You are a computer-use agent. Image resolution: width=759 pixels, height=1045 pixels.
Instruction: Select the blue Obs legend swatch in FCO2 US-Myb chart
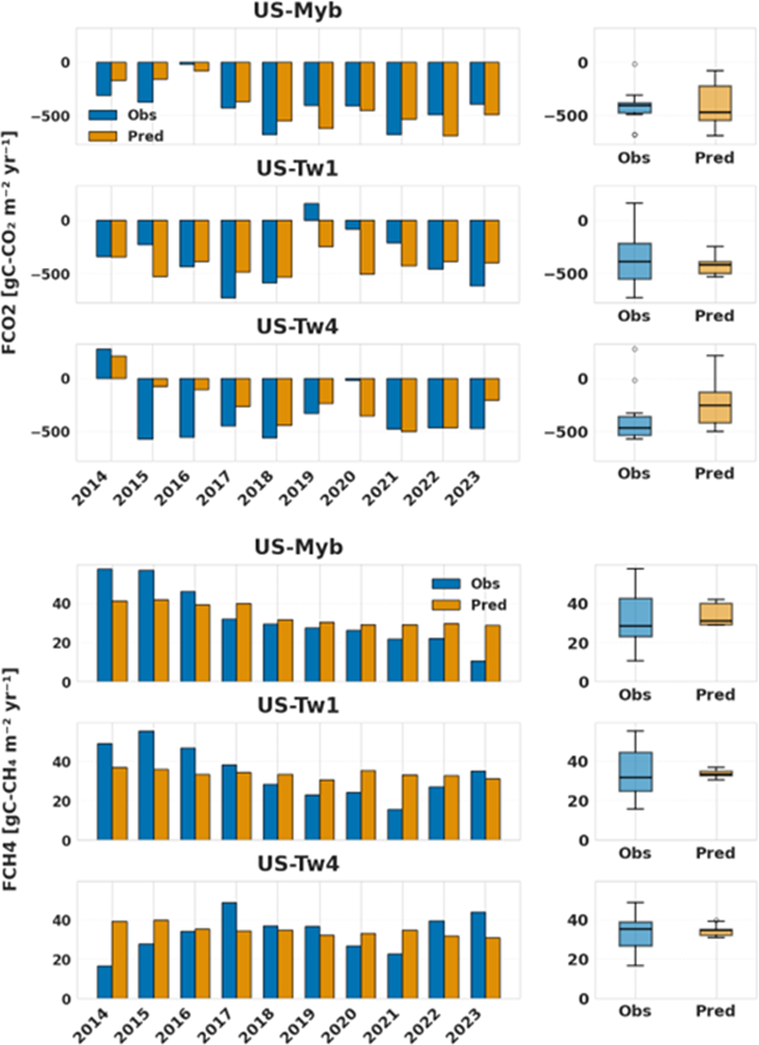[102, 114]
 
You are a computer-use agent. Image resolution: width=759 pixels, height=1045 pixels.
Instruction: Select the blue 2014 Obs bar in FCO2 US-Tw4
[103, 363]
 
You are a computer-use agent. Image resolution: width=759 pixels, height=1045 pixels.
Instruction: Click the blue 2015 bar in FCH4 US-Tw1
[146, 785]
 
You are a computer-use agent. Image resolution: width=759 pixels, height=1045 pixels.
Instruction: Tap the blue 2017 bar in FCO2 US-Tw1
[228, 258]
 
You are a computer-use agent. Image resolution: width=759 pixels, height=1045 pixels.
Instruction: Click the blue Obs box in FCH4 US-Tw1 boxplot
[634, 771]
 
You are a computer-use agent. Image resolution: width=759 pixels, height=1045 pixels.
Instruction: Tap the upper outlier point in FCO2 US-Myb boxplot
[634, 64]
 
